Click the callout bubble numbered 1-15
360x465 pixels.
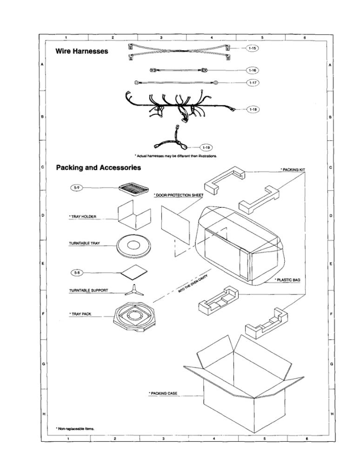click(252, 48)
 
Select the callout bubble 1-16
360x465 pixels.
click(253, 70)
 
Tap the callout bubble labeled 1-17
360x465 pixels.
click(253, 82)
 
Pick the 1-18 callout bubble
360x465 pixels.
click(253, 109)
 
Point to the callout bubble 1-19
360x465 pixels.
click(206, 147)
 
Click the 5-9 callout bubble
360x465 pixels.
click(76, 187)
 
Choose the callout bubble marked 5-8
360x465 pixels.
click(77, 272)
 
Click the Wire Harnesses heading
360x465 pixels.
click(82, 51)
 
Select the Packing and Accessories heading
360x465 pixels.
click(99, 167)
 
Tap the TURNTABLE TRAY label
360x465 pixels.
click(85, 244)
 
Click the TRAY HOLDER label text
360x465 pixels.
click(83, 217)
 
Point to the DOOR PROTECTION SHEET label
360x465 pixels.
click(179, 195)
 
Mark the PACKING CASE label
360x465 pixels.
click(163, 393)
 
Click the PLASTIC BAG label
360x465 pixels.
click(287, 280)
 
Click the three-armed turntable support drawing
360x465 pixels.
click(134, 290)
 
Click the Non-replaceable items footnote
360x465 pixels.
click(75, 429)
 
